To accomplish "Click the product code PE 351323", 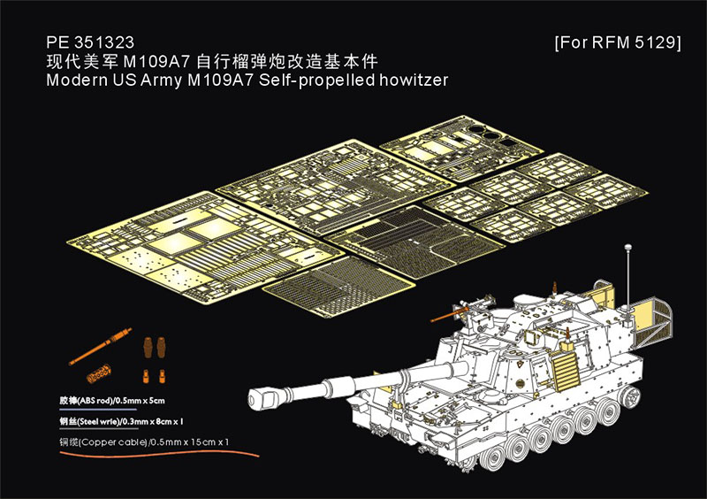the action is coord(90,42).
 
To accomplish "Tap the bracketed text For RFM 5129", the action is coord(618,42).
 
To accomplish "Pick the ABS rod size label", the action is coord(112,401).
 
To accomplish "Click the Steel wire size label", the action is coord(121,422).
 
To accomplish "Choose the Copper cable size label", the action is coord(144,442).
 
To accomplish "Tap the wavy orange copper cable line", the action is coord(160,452).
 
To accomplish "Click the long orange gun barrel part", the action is coord(100,346).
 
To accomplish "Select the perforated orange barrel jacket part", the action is coord(99,373).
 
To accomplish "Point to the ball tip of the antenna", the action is coord(627,247).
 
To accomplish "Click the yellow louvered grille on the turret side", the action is coord(564,372).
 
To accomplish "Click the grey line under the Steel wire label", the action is coord(99,428).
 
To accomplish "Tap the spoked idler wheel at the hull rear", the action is coord(630,397).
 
